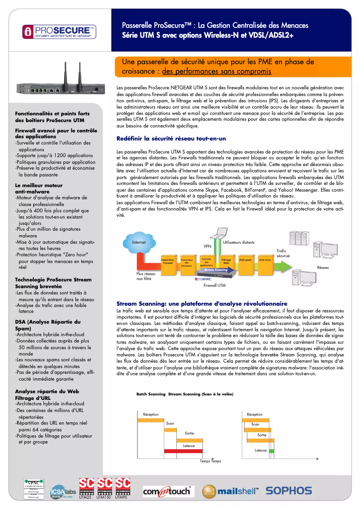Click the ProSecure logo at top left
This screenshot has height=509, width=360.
59,31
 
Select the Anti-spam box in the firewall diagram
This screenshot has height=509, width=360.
245,260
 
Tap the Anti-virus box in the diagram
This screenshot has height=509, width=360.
265,260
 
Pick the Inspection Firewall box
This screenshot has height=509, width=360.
167,261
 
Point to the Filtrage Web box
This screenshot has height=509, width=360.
226,261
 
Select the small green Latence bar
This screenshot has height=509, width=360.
271,451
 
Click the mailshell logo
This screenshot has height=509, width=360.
230,491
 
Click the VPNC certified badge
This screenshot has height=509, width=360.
34,489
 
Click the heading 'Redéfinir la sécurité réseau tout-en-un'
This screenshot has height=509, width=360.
171,139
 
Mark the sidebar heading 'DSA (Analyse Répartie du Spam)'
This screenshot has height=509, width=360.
48,325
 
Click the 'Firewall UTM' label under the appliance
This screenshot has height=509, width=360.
215,285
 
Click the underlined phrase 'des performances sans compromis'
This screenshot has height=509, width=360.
216,71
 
